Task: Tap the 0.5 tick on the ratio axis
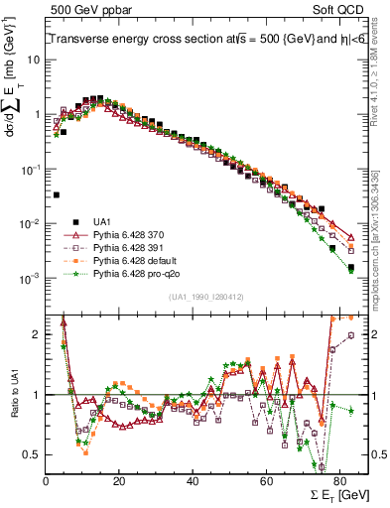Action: point(34,454)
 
